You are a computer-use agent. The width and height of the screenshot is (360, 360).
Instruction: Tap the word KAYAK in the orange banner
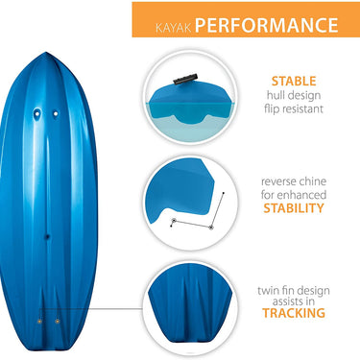pyautogui.click(x=169, y=24)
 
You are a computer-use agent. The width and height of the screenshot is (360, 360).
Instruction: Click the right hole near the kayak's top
pyautogui.click(x=55, y=112)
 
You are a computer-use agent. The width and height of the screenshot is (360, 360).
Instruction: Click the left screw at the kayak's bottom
pyautogui.click(x=39, y=319)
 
